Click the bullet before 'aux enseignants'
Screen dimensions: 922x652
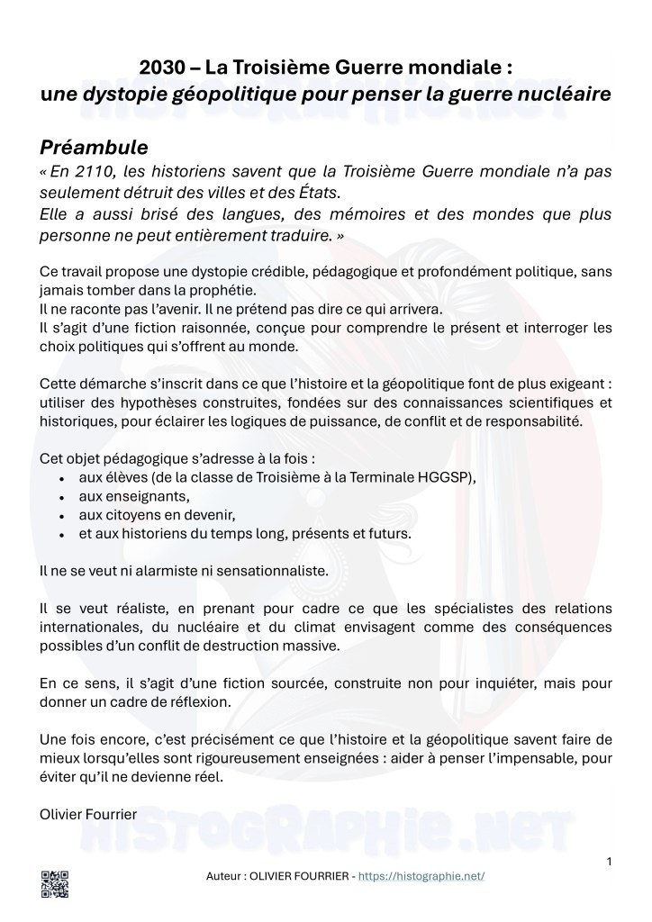click(60, 497)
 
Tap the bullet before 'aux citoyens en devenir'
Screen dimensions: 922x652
click(60, 516)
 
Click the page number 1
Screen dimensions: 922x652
click(610, 862)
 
